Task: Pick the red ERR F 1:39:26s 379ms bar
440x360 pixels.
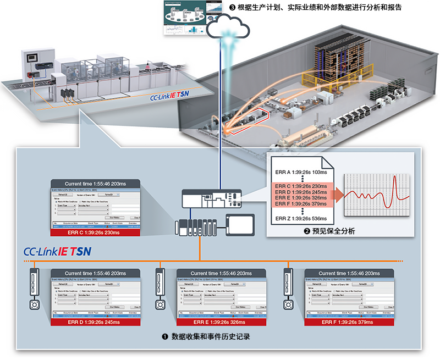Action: point(348,322)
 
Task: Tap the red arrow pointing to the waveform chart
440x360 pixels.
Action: point(334,194)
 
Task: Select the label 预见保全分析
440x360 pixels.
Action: point(330,231)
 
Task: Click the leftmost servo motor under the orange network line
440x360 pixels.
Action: point(35,304)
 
